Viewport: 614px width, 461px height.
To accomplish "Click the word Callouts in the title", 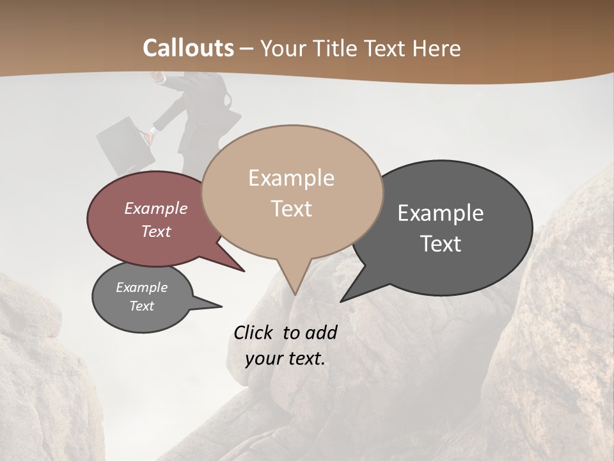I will coord(188,48).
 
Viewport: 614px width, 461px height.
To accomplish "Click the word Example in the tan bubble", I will coord(291,178).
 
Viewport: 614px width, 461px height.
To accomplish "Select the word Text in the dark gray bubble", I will coord(440,244).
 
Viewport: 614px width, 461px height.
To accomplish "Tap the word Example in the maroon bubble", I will coord(156,208).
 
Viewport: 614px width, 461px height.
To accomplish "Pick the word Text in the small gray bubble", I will coord(142,306).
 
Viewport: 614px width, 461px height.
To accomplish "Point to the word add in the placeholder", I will coord(321,332).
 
